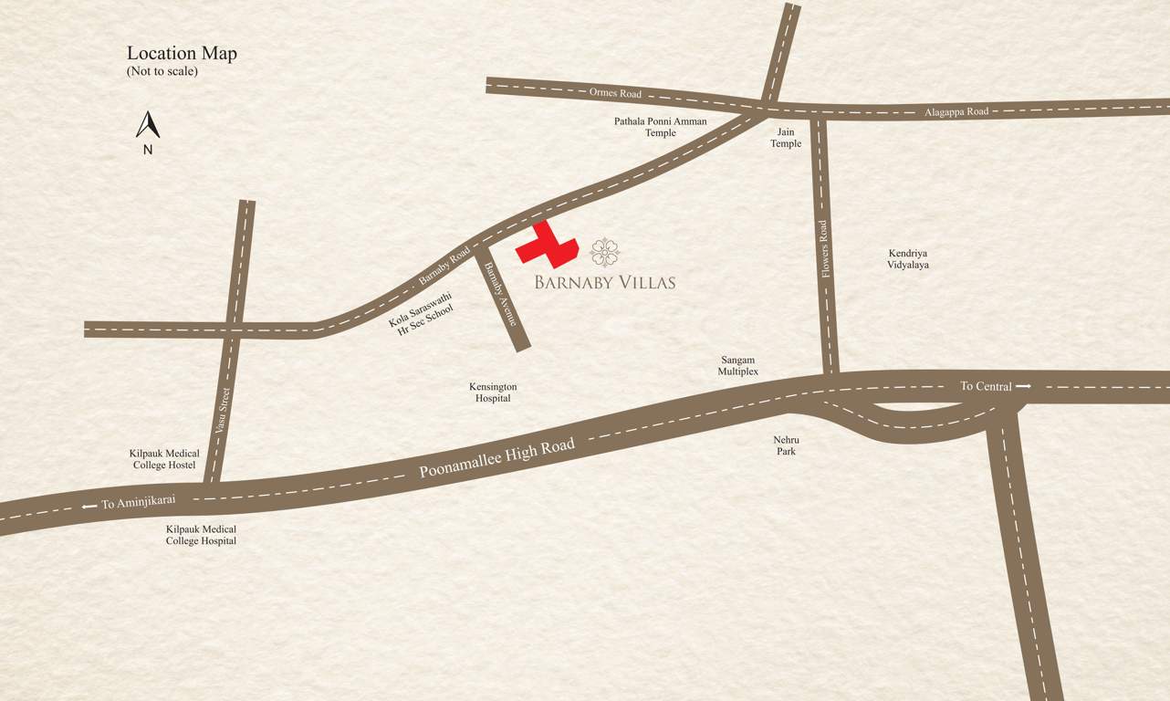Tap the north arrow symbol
point(148,125)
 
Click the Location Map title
point(182,54)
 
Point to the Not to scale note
point(162,71)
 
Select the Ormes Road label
point(615,93)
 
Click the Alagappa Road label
point(956,111)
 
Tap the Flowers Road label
point(824,249)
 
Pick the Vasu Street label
point(222,411)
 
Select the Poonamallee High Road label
point(496,458)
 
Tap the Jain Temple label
point(786,138)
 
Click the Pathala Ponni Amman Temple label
point(660,127)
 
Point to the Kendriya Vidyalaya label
point(907,259)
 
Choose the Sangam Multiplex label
point(737,366)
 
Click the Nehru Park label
point(786,445)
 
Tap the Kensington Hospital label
point(493,392)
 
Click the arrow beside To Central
point(1023,386)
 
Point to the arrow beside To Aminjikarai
point(89,506)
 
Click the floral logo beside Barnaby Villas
point(605,252)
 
